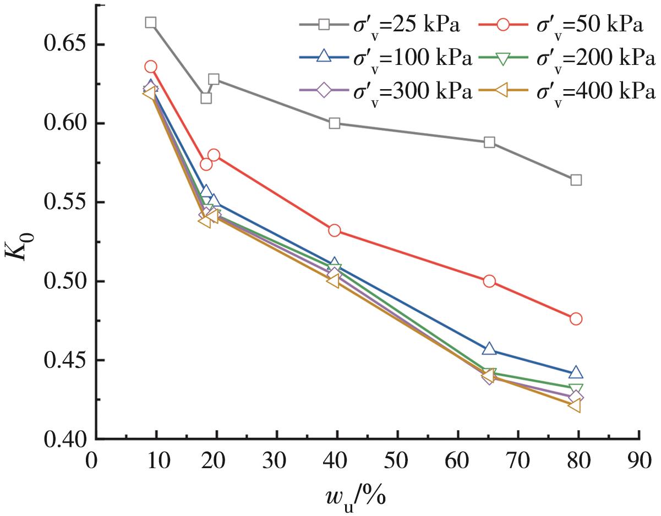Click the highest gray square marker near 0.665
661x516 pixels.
151,23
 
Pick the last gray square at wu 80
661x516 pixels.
576,180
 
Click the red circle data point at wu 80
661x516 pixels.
576,319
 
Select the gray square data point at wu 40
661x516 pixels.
334,123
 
